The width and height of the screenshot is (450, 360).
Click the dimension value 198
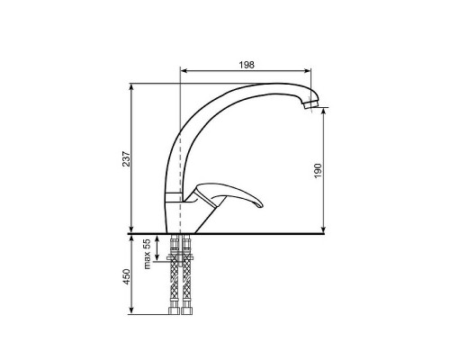(247, 65)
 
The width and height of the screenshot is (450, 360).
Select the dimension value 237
(127, 158)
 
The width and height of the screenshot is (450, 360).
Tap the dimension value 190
(318, 171)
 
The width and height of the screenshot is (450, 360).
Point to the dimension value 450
(127, 276)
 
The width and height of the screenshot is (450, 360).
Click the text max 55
(147, 254)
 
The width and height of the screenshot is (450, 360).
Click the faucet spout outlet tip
(310, 105)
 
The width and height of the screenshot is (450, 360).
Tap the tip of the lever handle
(261, 205)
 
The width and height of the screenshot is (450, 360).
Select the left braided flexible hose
(175, 274)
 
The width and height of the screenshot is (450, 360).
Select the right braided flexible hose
(186, 274)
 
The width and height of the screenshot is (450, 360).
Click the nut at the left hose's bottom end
(175, 310)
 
